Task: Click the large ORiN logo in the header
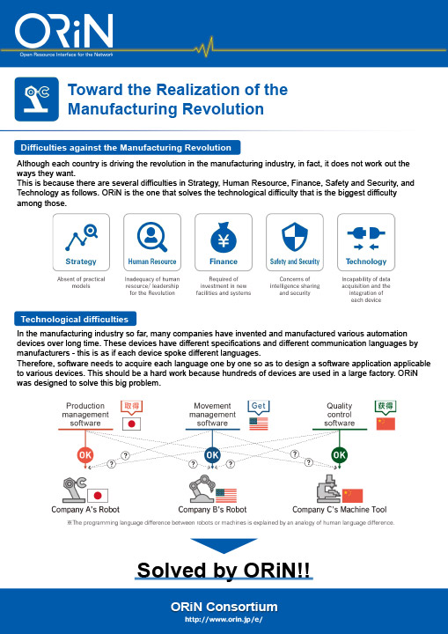pyautogui.click(x=64, y=32)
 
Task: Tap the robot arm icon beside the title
pyautogui.click(x=37, y=99)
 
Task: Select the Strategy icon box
pyautogui.click(x=81, y=242)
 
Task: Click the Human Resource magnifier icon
pyautogui.click(x=152, y=237)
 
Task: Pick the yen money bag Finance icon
pyautogui.click(x=224, y=238)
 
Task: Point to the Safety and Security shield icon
pyautogui.click(x=294, y=238)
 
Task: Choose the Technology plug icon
pyautogui.click(x=366, y=238)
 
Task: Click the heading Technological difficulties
pyautogui.click(x=75, y=319)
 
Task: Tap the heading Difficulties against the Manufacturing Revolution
pyautogui.click(x=128, y=148)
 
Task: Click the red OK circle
pyautogui.click(x=84, y=455)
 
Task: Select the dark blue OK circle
pyautogui.click(x=212, y=455)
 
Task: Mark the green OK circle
pyautogui.click(x=339, y=455)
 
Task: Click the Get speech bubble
pyautogui.click(x=259, y=406)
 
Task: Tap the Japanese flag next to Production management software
pyautogui.click(x=131, y=424)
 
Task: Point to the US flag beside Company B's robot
pyautogui.click(x=226, y=495)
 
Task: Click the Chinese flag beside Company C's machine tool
pyautogui.click(x=353, y=496)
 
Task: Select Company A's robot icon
pyautogui.click(x=75, y=490)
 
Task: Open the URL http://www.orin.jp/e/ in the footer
pyautogui.click(x=224, y=619)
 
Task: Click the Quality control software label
pyautogui.click(x=339, y=415)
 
